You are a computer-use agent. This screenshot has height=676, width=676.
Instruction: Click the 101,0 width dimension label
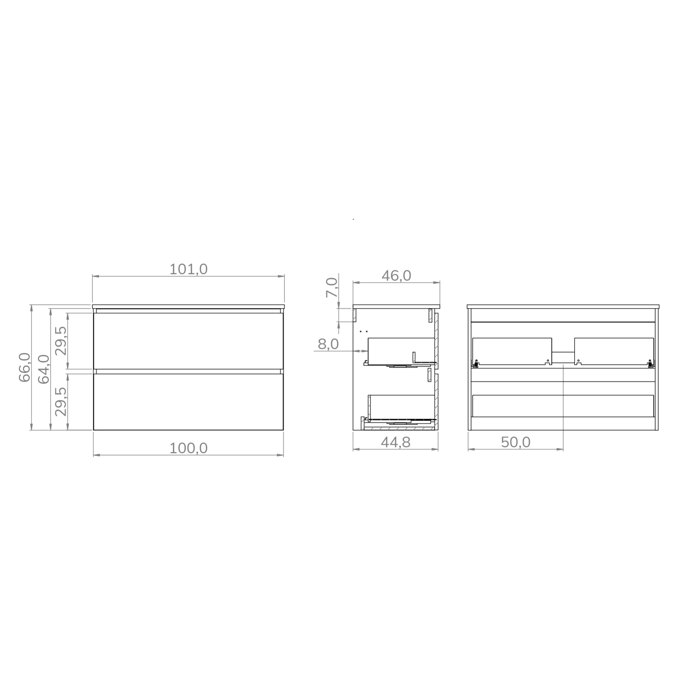(x=188, y=269)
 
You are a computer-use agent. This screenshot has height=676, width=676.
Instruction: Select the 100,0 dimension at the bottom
(x=188, y=448)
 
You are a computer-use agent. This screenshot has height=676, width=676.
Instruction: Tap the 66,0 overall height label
(x=25, y=367)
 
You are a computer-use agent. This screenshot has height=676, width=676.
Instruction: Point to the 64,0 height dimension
(x=44, y=369)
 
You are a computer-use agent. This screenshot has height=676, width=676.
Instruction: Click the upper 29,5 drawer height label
(x=61, y=341)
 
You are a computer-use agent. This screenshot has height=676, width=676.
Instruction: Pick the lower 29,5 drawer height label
(x=61, y=402)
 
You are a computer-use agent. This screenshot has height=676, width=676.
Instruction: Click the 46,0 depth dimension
(x=396, y=276)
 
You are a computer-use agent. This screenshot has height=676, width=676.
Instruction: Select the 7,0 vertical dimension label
(x=332, y=287)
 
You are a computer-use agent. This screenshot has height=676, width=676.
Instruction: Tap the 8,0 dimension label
(x=328, y=345)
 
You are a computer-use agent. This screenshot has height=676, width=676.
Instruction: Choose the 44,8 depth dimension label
(x=395, y=443)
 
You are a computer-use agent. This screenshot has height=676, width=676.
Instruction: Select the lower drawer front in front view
(x=188, y=402)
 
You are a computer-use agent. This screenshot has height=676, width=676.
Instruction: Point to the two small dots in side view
(x=363, y=331)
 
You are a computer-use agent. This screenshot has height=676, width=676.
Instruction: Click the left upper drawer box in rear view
(x=512, y=351)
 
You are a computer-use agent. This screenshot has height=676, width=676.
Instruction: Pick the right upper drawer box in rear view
(x=614, y=351)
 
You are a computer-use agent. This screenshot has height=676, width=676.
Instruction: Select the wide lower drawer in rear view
(x=563, y=406)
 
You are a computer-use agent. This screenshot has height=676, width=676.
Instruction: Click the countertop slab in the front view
(x=188, y=307)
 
